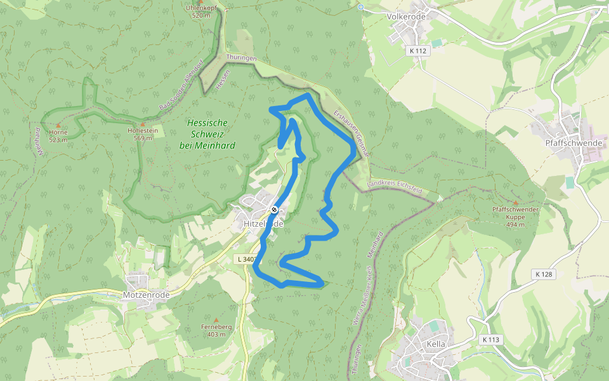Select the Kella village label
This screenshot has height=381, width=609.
[436, 344]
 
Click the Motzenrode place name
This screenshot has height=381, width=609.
[146, 295]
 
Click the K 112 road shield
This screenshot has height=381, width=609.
[418, 51]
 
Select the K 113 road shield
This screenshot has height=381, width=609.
[491, 340]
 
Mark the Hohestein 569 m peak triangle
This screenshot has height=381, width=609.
[143, 124]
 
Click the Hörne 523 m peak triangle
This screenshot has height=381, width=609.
[58, 126]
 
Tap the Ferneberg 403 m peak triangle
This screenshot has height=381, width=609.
[216, 320]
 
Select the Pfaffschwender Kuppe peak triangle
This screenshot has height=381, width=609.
[515, 203]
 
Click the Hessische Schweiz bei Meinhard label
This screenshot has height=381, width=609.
[207, 134]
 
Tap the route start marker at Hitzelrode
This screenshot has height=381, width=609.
[274, 210]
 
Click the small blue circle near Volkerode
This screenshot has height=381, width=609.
[360, 7]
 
